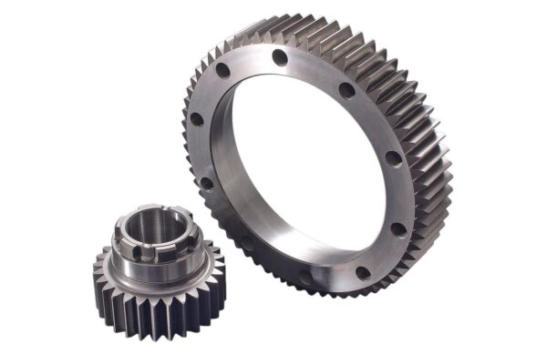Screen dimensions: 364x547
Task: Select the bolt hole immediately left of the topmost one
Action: click(223, 71)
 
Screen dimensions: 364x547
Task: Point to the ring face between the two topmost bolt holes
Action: click(252, 62)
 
